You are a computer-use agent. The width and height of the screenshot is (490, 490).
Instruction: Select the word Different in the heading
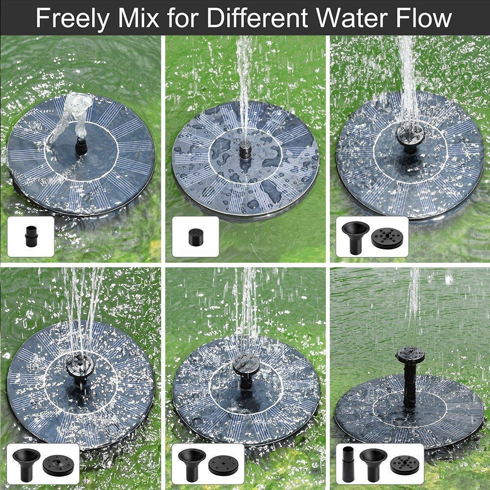(x=258, y=18)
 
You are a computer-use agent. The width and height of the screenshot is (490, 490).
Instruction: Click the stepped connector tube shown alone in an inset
(x=30, y=237)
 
